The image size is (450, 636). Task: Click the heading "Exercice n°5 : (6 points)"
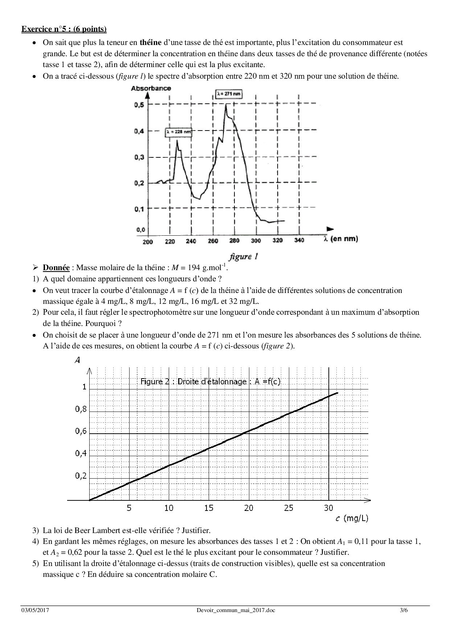point(64,29)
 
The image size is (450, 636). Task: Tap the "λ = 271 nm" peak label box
point(229,94)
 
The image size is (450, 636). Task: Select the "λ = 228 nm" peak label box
point(179,133)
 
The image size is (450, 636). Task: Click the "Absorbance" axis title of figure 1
point(151,88)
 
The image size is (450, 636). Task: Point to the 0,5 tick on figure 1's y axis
point(139,105)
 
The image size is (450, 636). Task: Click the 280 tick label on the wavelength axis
point(234,241)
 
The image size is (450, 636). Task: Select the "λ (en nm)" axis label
point(340,239)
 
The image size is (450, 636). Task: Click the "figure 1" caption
point(244,257)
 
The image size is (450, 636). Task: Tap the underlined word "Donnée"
point(56,268)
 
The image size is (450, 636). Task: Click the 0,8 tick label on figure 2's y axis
point(81,409)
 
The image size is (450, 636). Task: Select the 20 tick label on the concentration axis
point(249,508)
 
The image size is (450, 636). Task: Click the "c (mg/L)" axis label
point(352,519)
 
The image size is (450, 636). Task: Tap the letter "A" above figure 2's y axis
point(77,360)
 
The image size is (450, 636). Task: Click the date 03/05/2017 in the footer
point(35,610)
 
